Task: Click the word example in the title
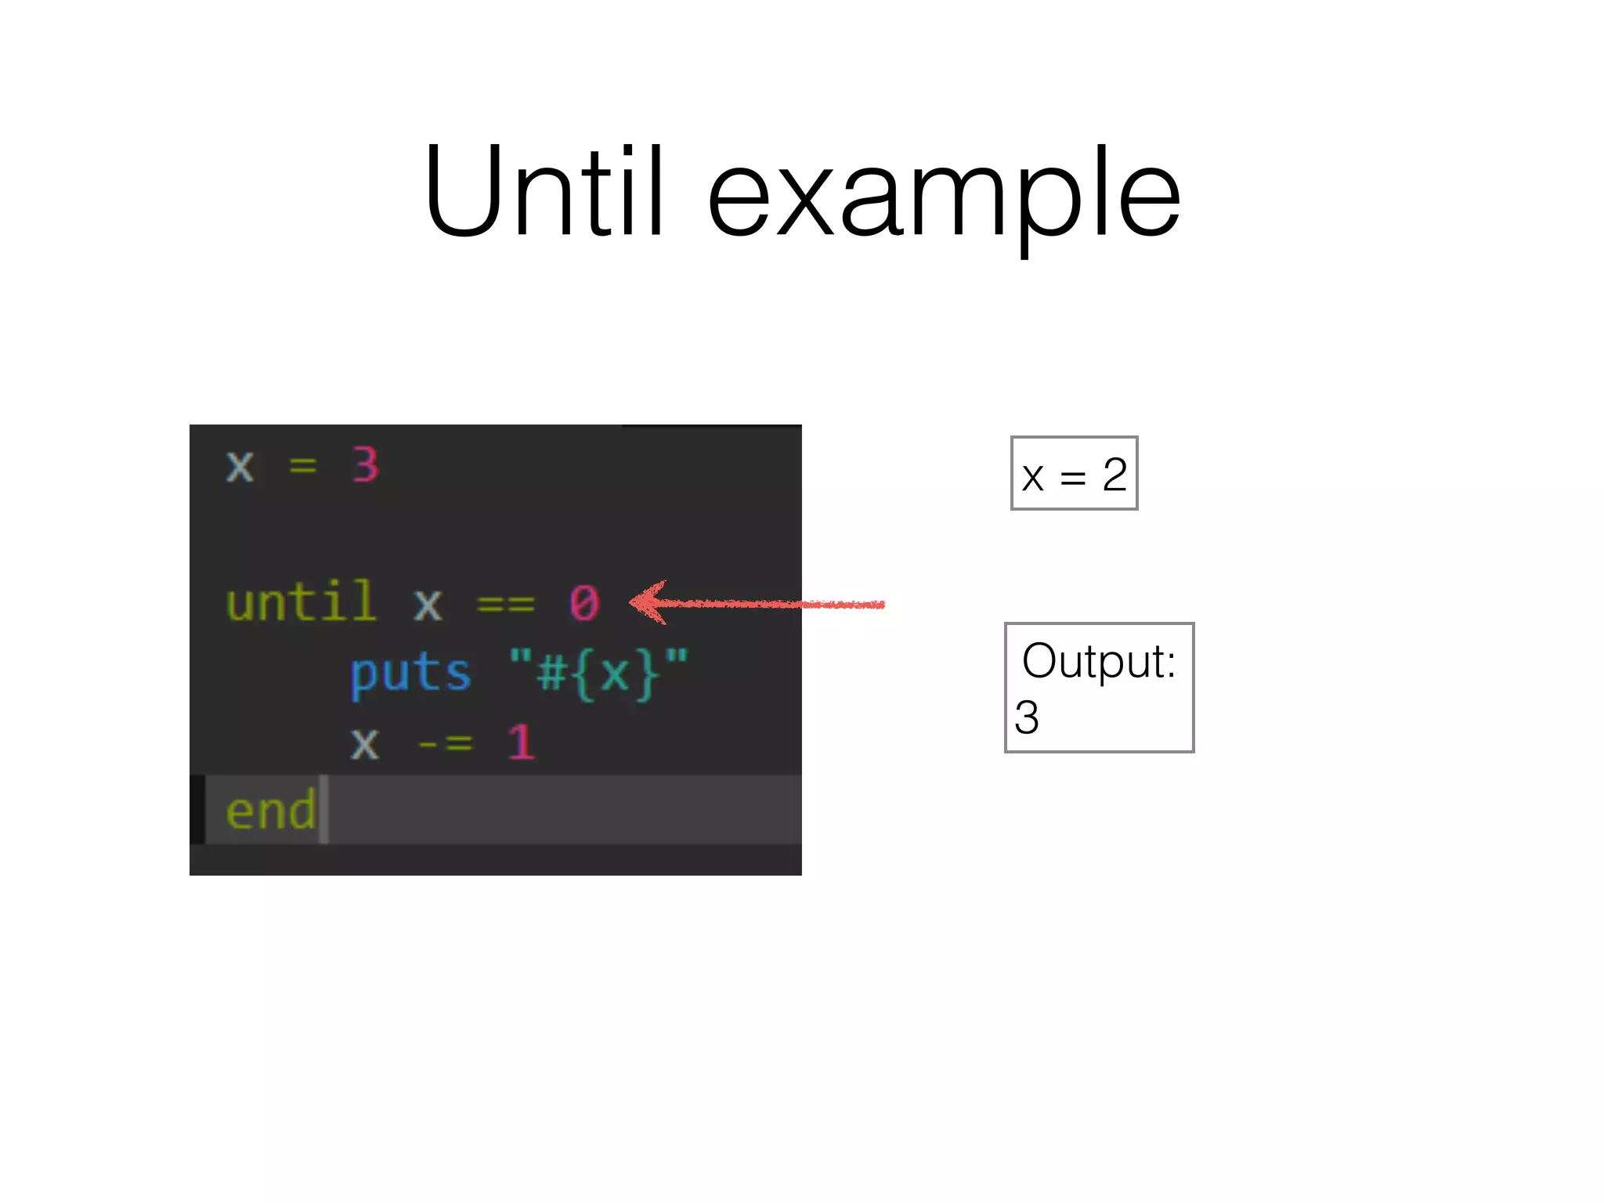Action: coord(943,196)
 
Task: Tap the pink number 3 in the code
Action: coord(366,465)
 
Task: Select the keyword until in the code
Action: coord(301,603)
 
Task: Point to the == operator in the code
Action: coord(505,605)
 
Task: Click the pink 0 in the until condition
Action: coord(584,604)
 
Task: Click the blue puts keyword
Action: coord(410,674)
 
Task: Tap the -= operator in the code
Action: coord(445,743)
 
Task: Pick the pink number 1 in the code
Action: coord(521,742)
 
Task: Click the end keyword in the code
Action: coord(270,811)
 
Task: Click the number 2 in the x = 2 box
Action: coord(1114,475)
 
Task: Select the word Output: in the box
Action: coord(1099,661)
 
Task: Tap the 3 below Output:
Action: coord(1027,717)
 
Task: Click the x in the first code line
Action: coord(240,467)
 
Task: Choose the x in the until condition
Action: coord(428,605)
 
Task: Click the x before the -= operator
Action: coord(364,744)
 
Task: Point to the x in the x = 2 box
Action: coord(1033,477)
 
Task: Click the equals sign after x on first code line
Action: coord(303,467)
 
